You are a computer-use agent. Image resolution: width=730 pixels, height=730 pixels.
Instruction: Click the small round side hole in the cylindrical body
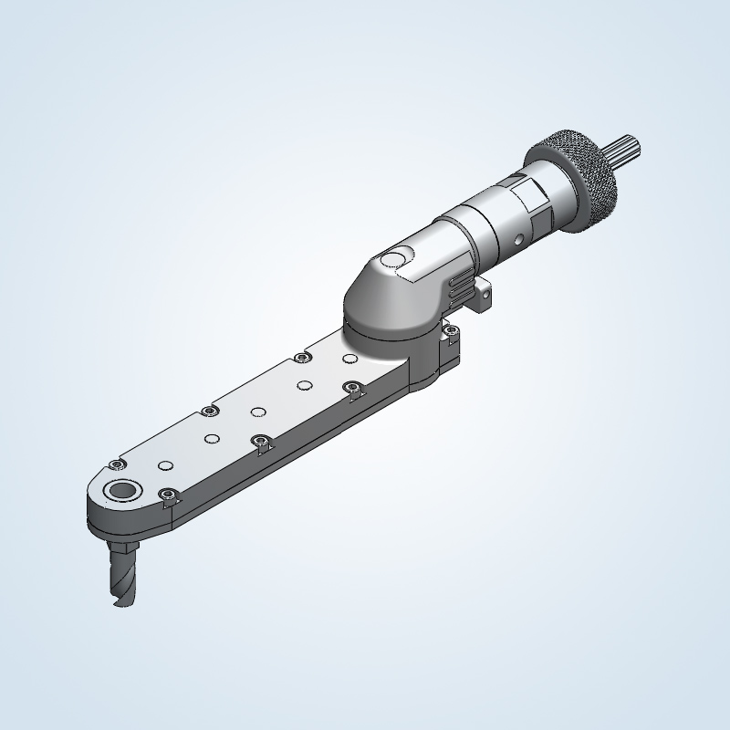pos(518,241)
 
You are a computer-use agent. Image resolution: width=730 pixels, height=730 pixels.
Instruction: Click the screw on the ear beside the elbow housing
pos(451,330)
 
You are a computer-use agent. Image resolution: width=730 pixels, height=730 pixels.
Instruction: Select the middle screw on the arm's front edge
pos(262,442)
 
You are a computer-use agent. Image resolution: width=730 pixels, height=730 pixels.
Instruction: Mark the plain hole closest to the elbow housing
pos(349,359)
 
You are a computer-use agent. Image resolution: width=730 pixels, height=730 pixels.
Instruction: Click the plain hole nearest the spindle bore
pos(165,465)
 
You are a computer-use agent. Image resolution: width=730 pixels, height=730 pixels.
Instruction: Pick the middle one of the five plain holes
pos(258,412)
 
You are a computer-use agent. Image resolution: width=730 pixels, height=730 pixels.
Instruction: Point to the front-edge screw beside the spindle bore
pos(167,495)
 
